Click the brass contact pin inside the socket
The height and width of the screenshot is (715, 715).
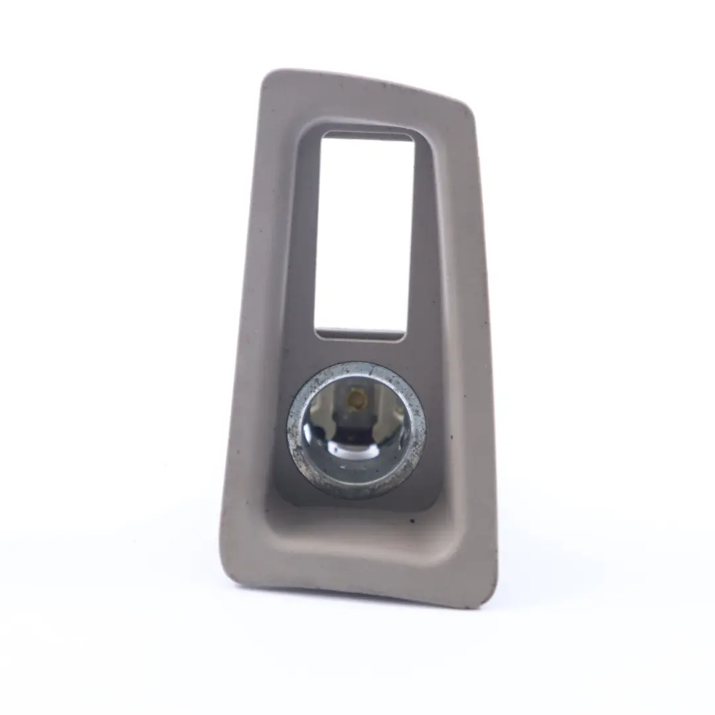357,399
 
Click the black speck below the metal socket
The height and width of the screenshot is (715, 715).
413,521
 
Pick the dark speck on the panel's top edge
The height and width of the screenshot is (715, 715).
383,86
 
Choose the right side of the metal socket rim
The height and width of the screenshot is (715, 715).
420,430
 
